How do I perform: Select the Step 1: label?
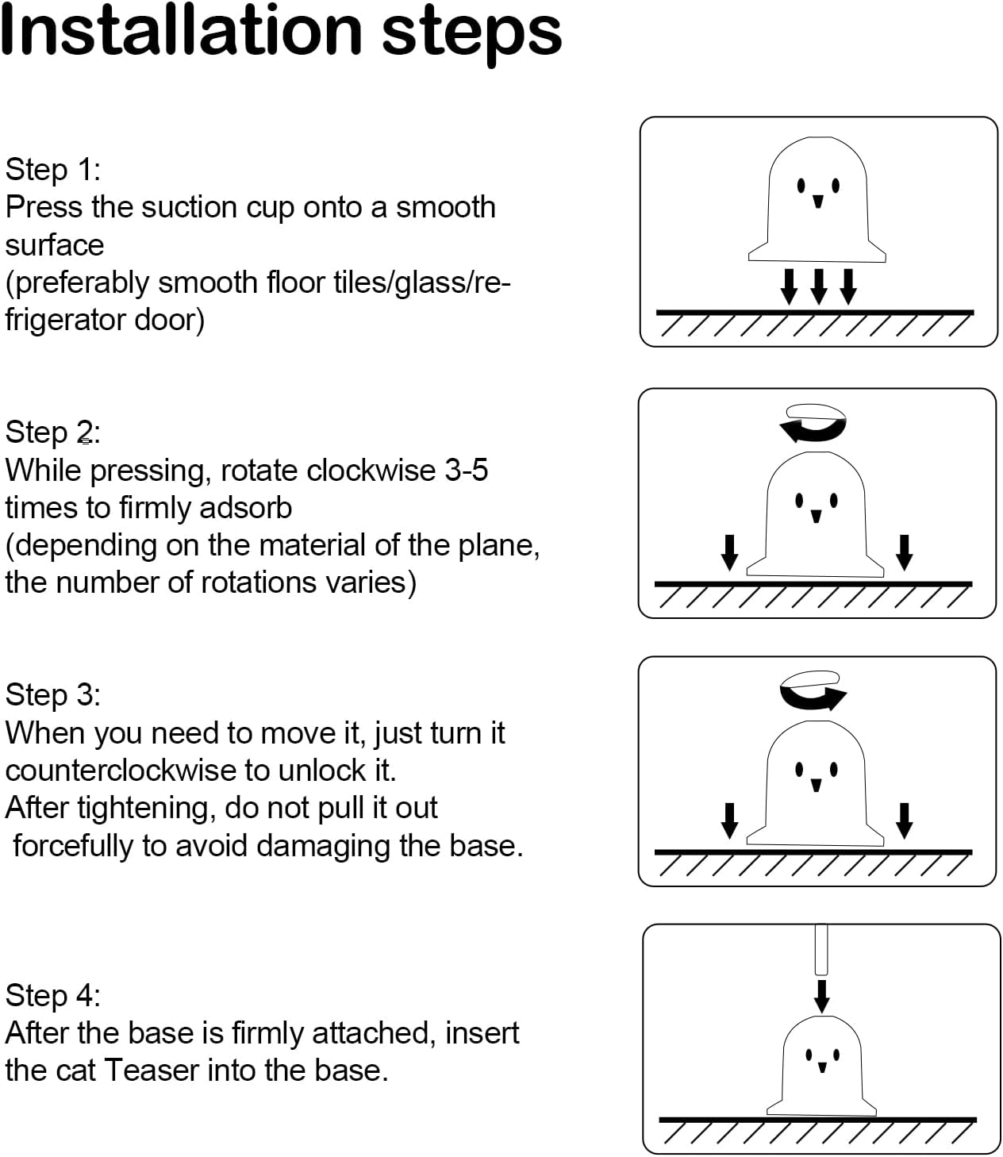coord(52,169)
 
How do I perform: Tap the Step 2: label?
coord(52,432)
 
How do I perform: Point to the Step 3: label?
coord(52,694)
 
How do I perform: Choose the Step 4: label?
coord(52,995)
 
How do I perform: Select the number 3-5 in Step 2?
coord(466,471)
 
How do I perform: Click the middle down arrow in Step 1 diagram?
coord(818,286)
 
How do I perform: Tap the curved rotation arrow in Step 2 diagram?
coord(813,424)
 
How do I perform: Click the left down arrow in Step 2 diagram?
coord(729,552)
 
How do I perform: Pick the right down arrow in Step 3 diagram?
coord(904,820)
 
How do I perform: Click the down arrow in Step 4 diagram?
coord(822,995)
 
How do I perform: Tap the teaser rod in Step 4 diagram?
coord(821,949)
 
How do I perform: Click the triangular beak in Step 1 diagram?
coord(818,201)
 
